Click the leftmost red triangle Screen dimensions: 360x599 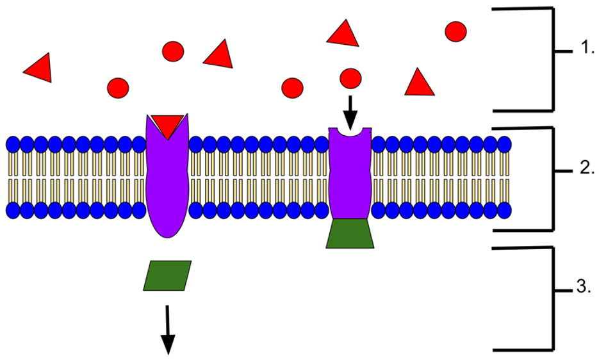[40, 69]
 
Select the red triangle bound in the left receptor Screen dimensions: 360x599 [168, 124]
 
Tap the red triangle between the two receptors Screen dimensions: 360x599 [219, 56]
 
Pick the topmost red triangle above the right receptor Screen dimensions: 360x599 [343, 35]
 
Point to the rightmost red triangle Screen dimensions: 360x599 [419, 85]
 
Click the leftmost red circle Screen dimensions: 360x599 [118, 88]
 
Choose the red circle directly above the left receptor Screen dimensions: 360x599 [173, 52]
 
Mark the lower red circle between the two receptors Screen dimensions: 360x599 [292, 88]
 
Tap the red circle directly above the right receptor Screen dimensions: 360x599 [350, 79]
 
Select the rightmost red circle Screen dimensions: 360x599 [455, 32]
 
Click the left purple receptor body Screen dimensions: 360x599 [167, 186]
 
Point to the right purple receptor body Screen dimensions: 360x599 [350, 179]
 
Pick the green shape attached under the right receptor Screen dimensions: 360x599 [350, 234]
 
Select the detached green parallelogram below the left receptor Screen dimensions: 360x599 [167, 275]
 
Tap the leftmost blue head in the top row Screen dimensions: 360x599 [13, 145]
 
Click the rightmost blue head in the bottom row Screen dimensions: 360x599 [504, 210]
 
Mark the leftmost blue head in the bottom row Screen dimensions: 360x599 [13, 210]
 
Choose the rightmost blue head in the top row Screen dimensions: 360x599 [504, 145]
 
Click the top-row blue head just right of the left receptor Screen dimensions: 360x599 [196, 145]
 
